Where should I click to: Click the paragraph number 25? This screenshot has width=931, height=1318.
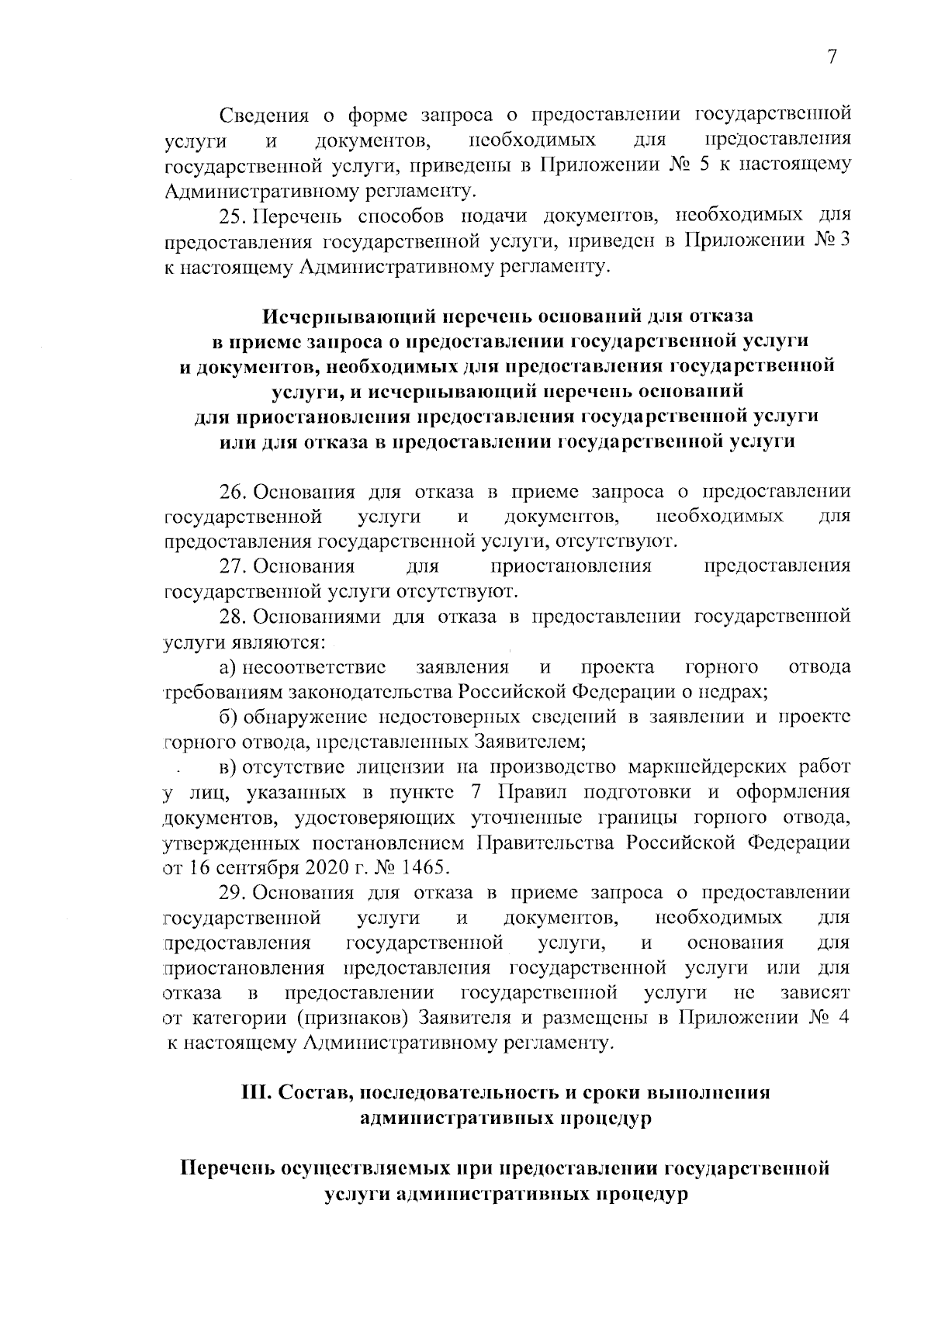tap(231, 215)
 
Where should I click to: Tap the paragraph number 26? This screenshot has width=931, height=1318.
tap(231, 493)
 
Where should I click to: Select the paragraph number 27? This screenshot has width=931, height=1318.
tap(231, 566)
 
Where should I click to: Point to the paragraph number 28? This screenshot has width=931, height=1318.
tap(231, 617)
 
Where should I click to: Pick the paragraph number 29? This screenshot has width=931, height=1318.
tap(231, 893)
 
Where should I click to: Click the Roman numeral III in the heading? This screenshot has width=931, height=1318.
tap(255, 1093)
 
